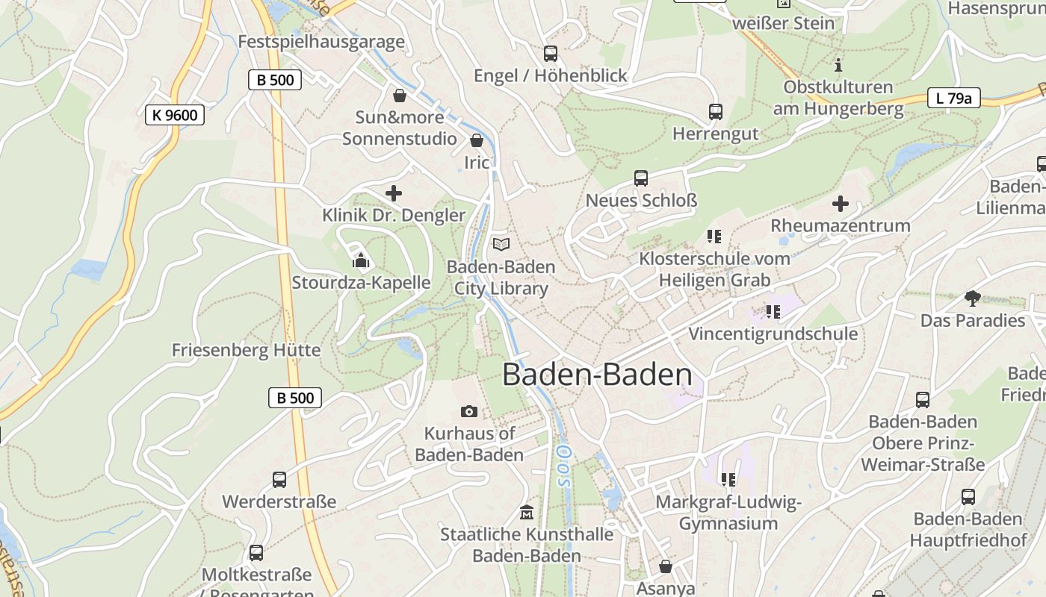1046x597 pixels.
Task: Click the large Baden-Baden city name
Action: coord(597,374)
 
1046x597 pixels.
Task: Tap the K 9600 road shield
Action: coord(175,114)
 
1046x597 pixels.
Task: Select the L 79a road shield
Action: coord(953,98)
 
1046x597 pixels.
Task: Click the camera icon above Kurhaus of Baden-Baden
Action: coord(469,411)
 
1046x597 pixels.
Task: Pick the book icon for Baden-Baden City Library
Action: coord(501,244)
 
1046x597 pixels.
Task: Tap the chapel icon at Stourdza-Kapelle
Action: coord(361,260)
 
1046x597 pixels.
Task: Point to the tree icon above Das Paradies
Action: coord(972,298)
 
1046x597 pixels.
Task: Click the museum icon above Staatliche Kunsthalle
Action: coord(527,513)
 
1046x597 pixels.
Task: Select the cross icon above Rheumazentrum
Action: coord(841,203)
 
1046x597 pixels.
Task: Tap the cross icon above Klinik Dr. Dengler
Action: coord(394,193)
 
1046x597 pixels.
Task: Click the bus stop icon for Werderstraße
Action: coord(279,479)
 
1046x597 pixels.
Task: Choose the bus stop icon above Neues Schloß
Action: coord(641,178)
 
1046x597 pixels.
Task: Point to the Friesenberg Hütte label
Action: coord(246,350)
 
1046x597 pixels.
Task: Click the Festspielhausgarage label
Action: coord(321,42)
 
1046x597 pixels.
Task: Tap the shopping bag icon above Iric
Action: coord(477,140)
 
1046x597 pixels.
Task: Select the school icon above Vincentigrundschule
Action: coord(773,311)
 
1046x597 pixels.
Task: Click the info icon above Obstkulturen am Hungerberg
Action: coord(838,65)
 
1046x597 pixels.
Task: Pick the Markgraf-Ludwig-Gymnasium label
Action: coord(728,513)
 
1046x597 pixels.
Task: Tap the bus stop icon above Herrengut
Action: coord(716,112)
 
